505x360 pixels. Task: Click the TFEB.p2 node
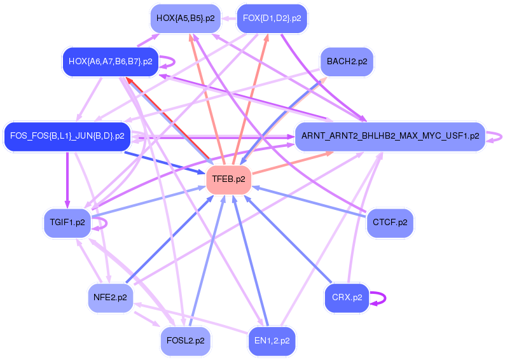pyautogui.click(x=229, y=179)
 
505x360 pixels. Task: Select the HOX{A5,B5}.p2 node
pyautogui.click(x=185, y=18)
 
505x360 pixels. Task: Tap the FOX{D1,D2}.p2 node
pyautogui.click(x=272, y=18)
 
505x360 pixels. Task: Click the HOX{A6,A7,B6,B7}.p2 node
pyautogui.click(x=110, y=62)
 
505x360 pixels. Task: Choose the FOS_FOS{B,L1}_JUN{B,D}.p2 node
pyautogui.click(x=67, y=136)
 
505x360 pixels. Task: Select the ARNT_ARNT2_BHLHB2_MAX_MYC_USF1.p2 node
pyautogui.click(x=390, y=136)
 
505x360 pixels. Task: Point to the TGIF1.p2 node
pyautogui.click(x=67, y=223)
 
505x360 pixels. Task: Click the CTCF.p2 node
pyautogui.click(x=390, y=223)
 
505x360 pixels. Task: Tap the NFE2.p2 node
pyautogui.click(x=110, y=297)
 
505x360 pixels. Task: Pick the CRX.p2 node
pyautogui.click(x=347, y=297)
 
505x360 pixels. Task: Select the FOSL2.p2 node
pyautogui.click(x=185, y=340)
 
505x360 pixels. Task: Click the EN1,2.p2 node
pyautogui.click(x=272, y=340)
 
